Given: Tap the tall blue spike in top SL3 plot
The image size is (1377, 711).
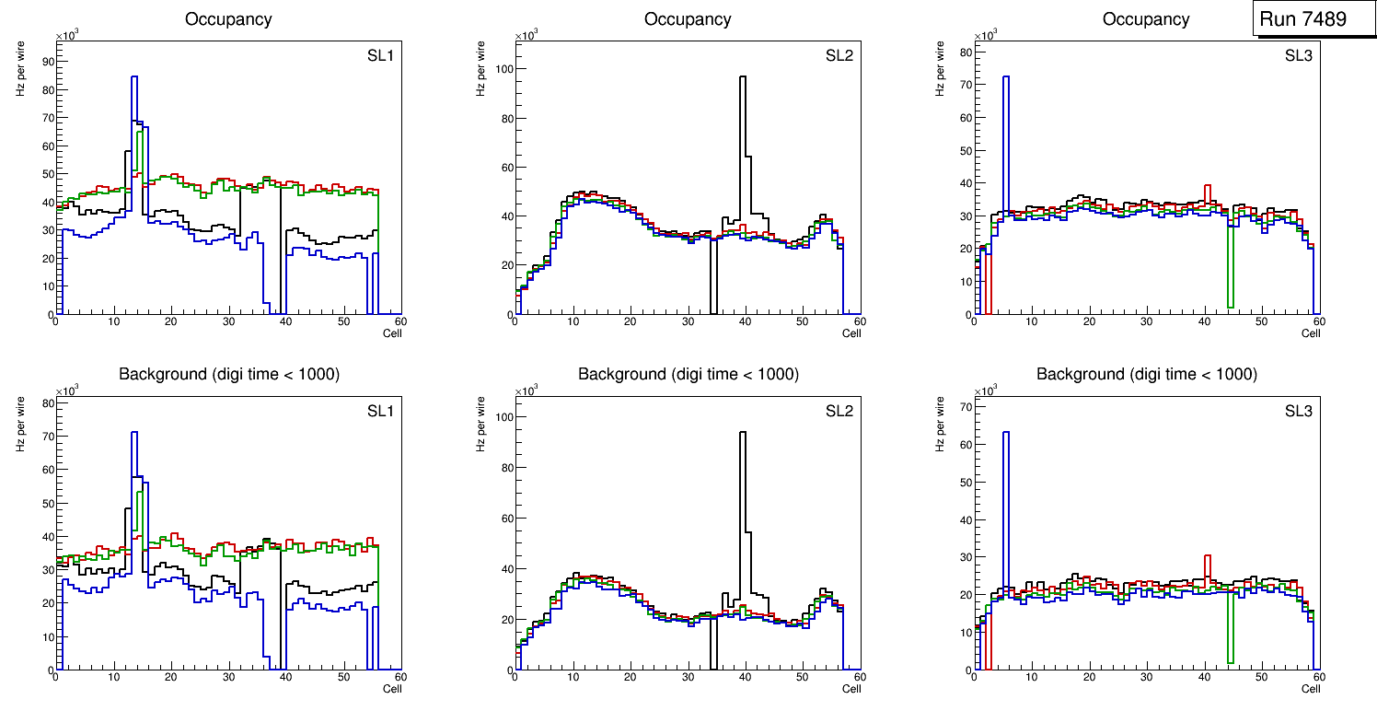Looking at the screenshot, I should coord(1005,138).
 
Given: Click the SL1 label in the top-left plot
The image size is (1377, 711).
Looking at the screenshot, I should coord(379,56).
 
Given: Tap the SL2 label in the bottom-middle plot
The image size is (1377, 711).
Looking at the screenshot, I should coord(839,411).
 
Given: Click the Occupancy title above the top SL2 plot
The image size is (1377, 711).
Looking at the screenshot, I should coord(688,19).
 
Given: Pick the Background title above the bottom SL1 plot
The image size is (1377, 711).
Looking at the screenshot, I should coord(228,374).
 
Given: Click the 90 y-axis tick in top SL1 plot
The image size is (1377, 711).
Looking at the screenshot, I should coord(46,61).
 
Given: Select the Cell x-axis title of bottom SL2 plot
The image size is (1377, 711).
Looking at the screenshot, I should coord(851,688).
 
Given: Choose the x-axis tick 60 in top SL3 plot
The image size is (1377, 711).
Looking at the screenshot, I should coord(1318,321).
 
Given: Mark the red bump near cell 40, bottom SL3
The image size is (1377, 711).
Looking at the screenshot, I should coord(1207,564).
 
